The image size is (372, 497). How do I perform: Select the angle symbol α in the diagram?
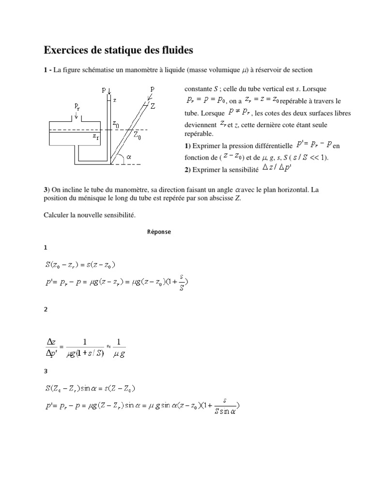point(129,157)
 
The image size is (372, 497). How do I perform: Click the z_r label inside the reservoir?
point(96,137)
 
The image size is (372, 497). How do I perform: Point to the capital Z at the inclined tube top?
point(153,106)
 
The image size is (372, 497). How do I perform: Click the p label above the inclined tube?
point(153,89)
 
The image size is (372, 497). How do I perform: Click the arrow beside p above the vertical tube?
point(110,91)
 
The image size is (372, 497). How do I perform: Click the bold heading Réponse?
point(159,232)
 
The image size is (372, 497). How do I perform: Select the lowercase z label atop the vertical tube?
point(114,100)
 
